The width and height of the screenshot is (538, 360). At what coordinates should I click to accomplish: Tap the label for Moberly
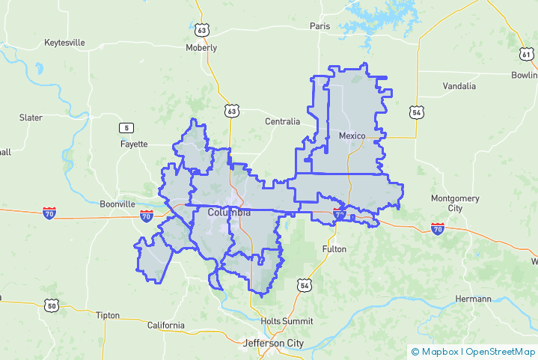point(201,48)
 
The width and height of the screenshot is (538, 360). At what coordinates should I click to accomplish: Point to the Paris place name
point(320,25)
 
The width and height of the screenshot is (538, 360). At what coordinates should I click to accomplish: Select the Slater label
point(31,118)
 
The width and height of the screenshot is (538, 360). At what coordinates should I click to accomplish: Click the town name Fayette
point(134,144)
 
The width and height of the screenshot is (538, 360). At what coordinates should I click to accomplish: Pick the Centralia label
point(282,121)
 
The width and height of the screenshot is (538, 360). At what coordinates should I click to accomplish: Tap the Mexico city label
point(352,135)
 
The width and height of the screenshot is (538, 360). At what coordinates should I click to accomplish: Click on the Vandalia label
point(459,86)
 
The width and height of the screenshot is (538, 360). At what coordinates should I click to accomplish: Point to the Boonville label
point(117,204)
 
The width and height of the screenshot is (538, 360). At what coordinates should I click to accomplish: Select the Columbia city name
point(229,213)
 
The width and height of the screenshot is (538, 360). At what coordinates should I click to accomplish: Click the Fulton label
point(334,248)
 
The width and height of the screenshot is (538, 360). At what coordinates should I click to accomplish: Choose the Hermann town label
point(473,299)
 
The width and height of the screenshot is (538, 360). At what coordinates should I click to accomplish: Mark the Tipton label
point(107,315)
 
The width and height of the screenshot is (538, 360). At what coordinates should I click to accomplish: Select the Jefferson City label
point(274,343)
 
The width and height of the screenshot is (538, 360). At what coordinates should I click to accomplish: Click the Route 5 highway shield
point(126,127)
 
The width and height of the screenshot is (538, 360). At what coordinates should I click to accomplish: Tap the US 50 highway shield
point(51,305)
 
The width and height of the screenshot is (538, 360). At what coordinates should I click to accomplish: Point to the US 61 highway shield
point(527,55)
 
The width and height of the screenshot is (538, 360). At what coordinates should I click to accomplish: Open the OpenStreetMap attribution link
point(501,351)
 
